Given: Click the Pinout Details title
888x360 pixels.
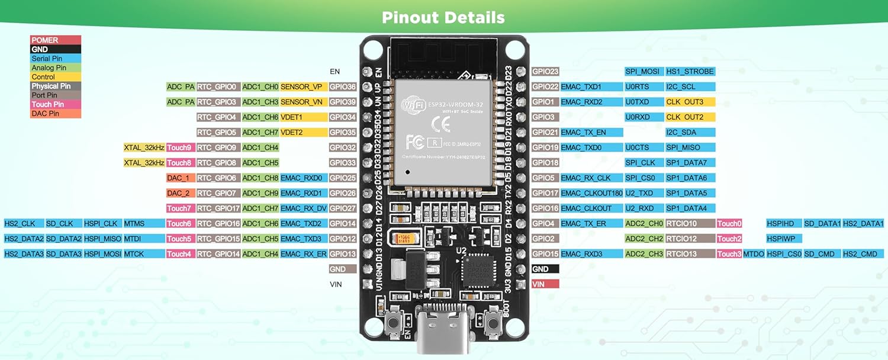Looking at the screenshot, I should tap(443, 17).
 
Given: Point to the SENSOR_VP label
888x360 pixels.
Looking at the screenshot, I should tap(303, 87).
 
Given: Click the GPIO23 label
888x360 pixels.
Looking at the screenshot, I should tap(545, 72).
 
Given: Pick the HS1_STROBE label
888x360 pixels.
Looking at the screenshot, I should tap(690, 72).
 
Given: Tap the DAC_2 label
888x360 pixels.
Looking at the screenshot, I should tap(180, 193).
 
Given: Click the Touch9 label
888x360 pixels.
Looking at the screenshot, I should tap(180, 147).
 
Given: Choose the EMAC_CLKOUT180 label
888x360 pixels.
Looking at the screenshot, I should tap(591, 193).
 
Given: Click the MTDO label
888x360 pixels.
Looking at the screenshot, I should tap(754, 254).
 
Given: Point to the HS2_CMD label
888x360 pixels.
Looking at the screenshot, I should tap(863, 254).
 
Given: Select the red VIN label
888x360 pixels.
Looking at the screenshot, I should tap(545, 284).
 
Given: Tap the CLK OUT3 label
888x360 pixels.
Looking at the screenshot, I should tap(690, 102).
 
